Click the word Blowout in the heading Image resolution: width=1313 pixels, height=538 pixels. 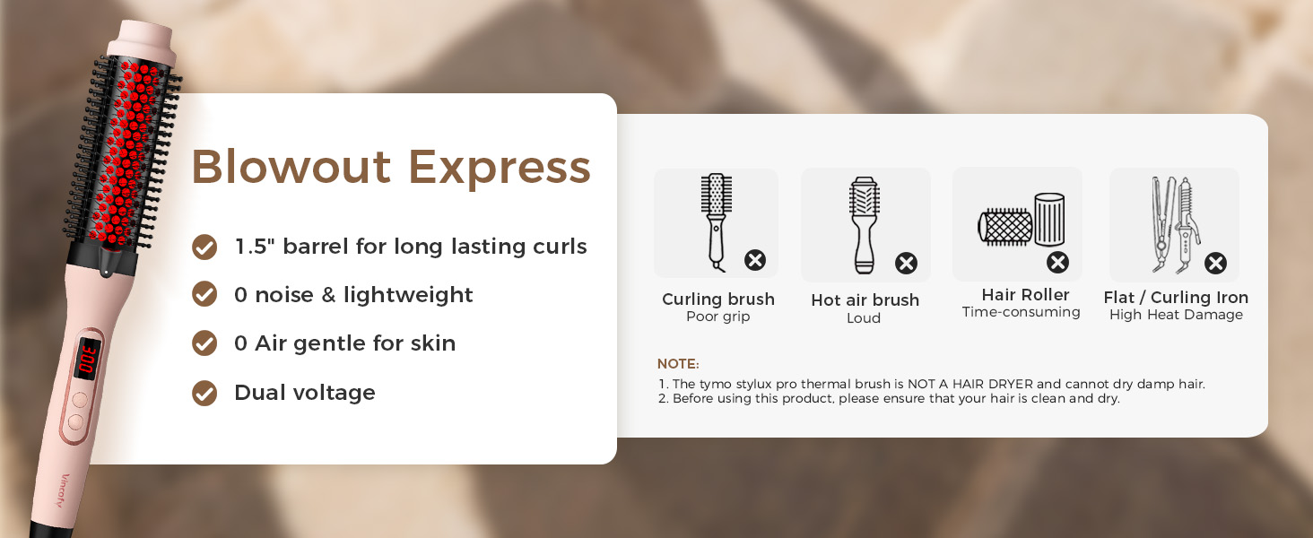coord(291,168)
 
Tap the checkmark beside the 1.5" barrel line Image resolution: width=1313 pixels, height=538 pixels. coord(204,247)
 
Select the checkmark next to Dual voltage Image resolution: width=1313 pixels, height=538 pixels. coord(204,393)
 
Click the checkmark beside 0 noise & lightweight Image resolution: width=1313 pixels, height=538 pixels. coord(204,294)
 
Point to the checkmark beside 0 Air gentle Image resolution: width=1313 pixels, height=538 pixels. coord(204,343)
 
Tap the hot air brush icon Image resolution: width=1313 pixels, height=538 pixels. coord(863,225)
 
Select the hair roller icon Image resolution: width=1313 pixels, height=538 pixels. coord(1021,221)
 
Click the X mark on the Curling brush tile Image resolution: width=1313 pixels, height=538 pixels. coord(755,261)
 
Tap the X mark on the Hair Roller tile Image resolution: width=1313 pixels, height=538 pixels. coord(1058,262)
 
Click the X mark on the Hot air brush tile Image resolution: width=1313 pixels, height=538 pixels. coord(906,263)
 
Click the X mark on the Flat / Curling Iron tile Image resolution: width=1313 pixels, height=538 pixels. coord(1215,263)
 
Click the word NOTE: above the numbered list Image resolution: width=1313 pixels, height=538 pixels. coord(677,364)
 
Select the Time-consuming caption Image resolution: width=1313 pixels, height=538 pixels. coord(1021,312)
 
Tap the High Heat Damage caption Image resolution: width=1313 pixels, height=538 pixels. coord(1175,315)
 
